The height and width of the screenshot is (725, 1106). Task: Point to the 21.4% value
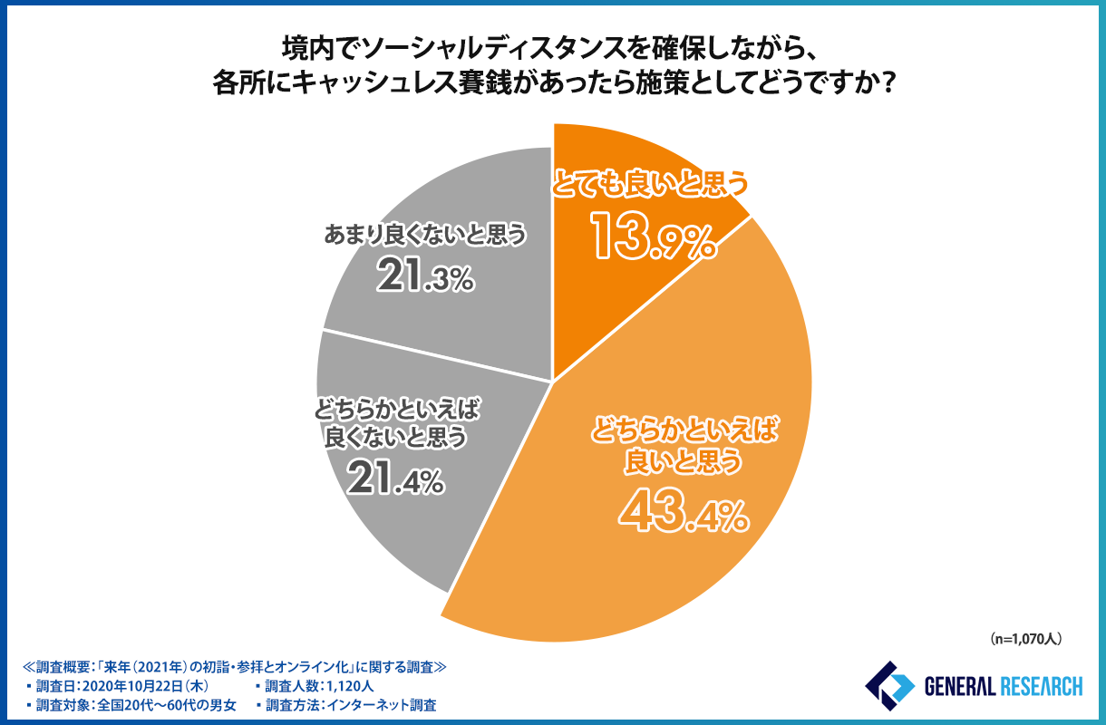[395, 480]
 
